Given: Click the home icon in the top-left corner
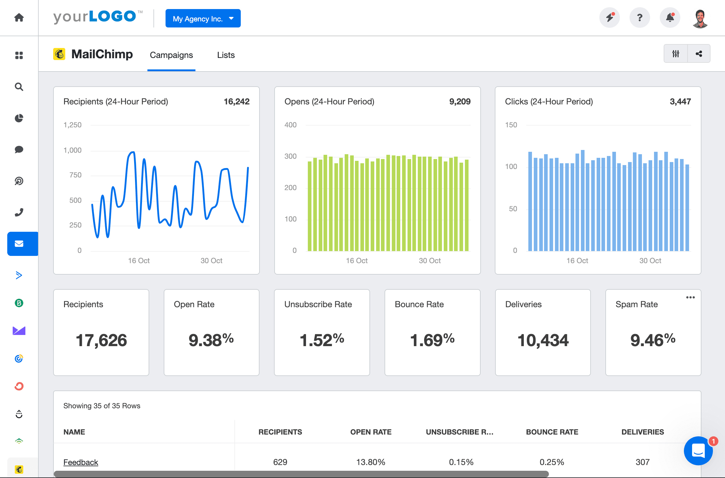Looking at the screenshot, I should (x=19, y=18).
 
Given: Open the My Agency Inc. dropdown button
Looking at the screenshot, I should (x=203, y=19).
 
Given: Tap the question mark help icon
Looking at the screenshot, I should (x=640, y=18).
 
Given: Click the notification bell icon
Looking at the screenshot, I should (x=670, y=18).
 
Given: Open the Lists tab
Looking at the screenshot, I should (x=226, y=55).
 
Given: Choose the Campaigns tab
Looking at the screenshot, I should (x=171, y=55).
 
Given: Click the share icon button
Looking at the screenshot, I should (x=699, y=54).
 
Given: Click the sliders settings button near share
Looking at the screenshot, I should (x=675, y=54).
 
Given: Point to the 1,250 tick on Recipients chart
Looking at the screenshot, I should (x=72, y=125).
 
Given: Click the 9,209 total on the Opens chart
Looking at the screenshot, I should (x=459, y=101).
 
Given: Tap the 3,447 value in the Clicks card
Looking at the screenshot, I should (x=680, y=101).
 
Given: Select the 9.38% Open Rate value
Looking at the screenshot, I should (x=211, y=340).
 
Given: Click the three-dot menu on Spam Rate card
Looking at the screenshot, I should (x=690, y=297).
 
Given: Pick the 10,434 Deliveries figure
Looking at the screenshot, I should (x=543, y=340).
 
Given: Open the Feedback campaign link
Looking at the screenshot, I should (x=81, y=462).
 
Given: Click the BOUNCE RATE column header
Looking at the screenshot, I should (x=552, y=432).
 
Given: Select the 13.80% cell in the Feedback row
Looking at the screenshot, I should (x=370, y=462).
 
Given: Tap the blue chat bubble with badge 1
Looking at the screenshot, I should (x=698, y=451).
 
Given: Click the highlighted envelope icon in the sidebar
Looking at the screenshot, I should (x=19, y=244).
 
